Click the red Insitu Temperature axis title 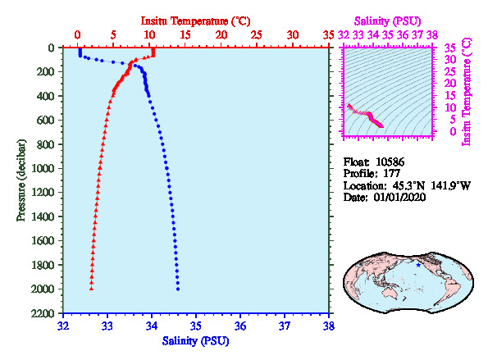tap(195, 21)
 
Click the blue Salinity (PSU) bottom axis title tap(195, 341)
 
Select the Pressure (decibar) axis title tap(21, 180)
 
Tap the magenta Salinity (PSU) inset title tap(387, 21)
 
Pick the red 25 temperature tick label tap(257, 34)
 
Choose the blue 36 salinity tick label tap(240, 326)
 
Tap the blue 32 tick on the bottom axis tap(63, 326)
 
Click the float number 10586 tap(390, 162)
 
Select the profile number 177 tap(391, 174)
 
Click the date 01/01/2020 tap(399, 198)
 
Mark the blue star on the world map tap(418, 265)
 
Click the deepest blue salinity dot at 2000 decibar tap(178, 289)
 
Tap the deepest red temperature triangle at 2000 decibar tap(91, 289)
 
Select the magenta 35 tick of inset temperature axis tap(449, 48)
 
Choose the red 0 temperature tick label tap(77, 34)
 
